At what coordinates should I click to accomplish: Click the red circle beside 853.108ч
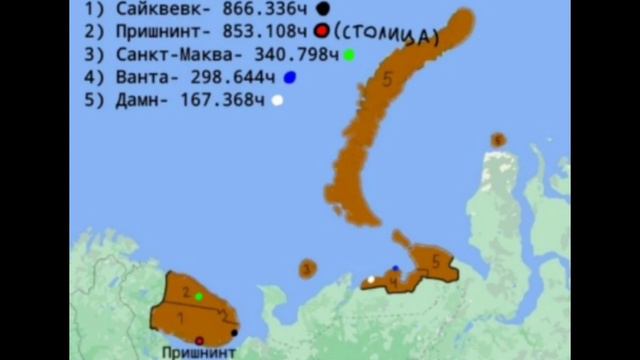[x=321, y=31]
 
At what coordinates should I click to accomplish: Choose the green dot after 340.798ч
[x=348, y=54]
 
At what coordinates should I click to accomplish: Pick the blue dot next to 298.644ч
[x=289, y=77]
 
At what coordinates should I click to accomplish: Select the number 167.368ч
[x=224, y=99]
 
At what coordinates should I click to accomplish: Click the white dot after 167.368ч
[x=278, y=99]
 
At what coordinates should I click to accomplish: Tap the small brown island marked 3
[x=307, y=268]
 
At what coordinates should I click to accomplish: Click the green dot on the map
[x=199, y=296]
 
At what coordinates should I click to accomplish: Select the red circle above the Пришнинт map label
[x=198, y=340]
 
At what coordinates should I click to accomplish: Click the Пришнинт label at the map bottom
[x=199, y=352]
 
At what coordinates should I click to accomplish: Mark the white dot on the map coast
[x=371, y=280]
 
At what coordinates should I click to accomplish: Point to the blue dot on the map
[x=395, y=268]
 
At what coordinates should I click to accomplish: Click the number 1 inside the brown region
[x=180, y=316]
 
